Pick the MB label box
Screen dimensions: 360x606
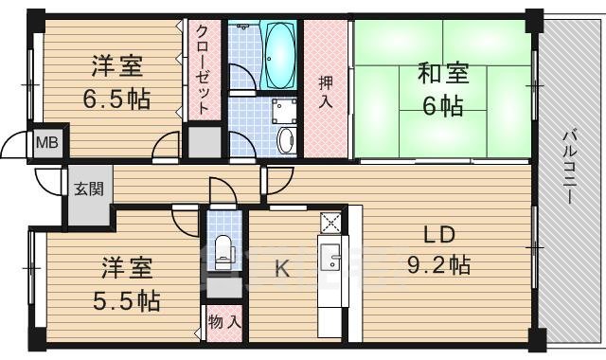pos(45,143)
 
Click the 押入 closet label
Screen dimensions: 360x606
pos(324,91)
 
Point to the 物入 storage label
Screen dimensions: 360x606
pos(223,323)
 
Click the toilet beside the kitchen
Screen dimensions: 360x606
pos(223,249)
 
